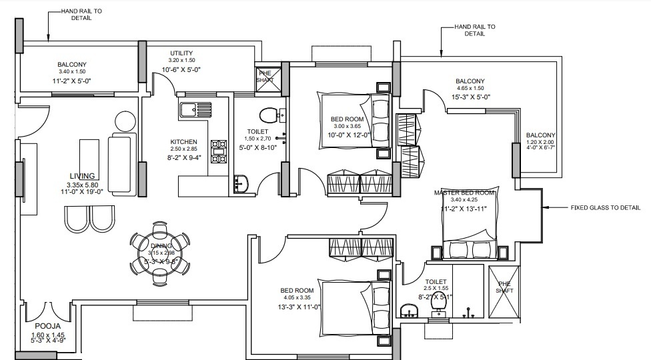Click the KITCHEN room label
point(183,142)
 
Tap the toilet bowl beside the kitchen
point(269,115)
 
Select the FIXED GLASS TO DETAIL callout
point(605,207)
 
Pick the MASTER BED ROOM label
point(465,193)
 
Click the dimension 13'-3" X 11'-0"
point(300,307)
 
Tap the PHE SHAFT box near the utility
point(265,78)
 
